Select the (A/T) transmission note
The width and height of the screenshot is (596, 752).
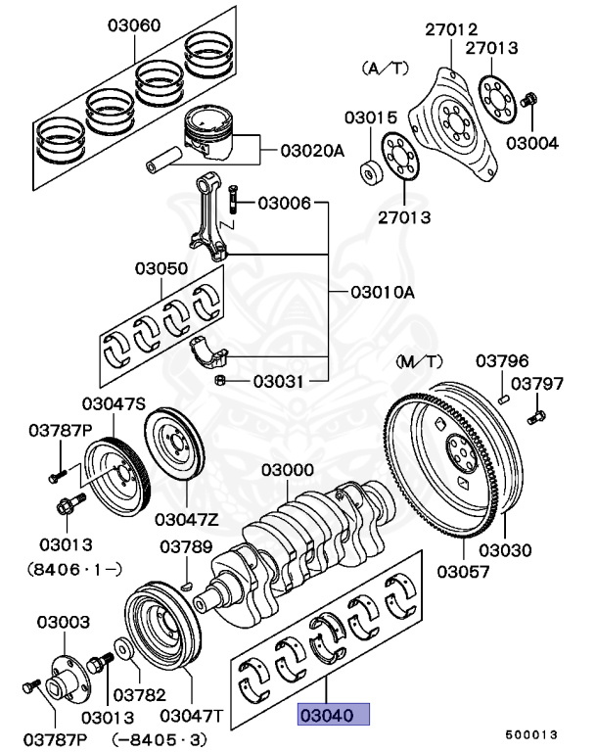384,69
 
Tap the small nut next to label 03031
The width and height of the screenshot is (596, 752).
221,380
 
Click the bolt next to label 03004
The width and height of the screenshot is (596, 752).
530,101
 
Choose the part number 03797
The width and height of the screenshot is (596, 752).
537,384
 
